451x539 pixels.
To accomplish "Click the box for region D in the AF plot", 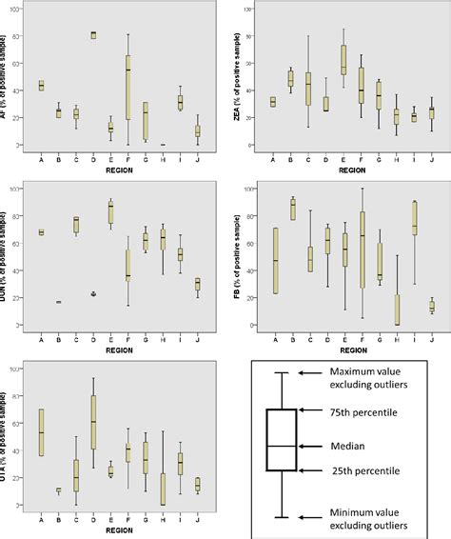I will [x=93, y=35].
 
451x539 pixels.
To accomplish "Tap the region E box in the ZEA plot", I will [x=343, y=59].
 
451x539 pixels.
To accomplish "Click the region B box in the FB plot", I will [x=292, y=210].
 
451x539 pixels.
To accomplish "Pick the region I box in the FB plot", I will [x=414, y=217].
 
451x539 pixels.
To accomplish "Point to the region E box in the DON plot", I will [x=111, y=213].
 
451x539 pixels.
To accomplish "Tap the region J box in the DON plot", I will [x=198, y=284].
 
